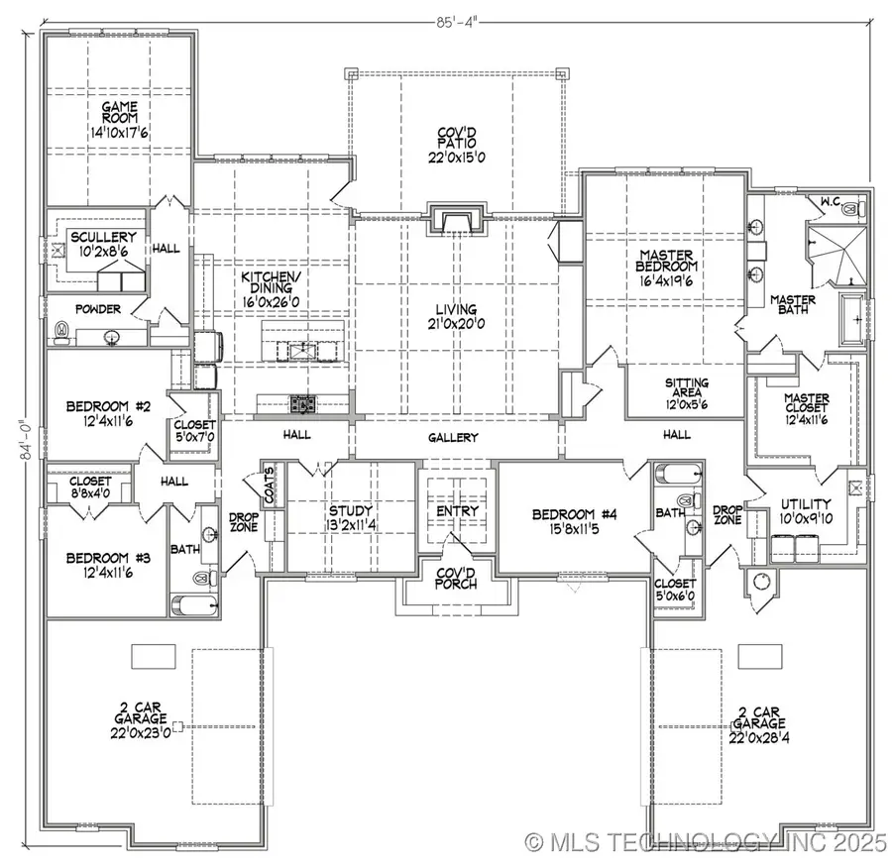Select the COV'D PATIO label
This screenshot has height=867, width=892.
click(457, 145)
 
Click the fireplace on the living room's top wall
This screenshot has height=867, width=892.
click(455, 220)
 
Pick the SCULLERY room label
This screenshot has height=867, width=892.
click(102, 238)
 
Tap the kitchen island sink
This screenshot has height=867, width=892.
click(296, 348)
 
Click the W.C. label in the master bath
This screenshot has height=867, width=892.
click(830, 203)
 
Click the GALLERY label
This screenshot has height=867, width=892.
click(453, 437)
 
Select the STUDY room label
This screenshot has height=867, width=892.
click(350, 511)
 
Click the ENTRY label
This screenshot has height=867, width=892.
click(457, 511)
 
